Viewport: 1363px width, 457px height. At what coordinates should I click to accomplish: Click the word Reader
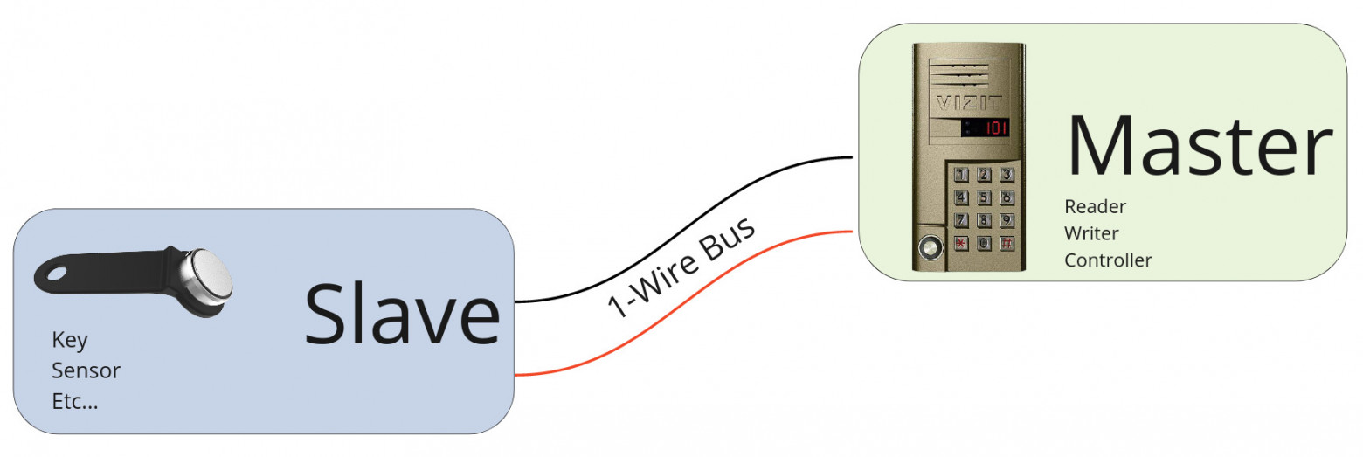[1095, 207]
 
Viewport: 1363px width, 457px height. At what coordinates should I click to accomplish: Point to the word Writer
[1091, 233]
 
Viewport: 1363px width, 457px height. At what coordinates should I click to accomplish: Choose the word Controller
[1108, 260]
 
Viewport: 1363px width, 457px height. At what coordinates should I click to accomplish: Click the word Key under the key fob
[70, 340]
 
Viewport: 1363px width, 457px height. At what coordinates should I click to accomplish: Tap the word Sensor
[86, 370]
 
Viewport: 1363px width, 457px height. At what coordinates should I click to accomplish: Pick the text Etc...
[75, 402]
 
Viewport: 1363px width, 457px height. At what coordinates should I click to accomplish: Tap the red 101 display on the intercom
[995, 128]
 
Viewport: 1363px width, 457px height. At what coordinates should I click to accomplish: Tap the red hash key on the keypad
[1007, 244]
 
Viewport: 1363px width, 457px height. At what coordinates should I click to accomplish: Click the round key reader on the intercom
[930, 250]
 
